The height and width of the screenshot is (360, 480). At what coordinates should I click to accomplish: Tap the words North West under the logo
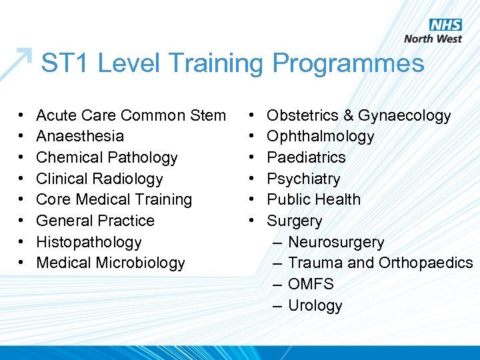[433, 39]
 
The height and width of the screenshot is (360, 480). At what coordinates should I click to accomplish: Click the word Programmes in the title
[348, 64]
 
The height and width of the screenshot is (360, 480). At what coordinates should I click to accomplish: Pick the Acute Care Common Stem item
[131, 115]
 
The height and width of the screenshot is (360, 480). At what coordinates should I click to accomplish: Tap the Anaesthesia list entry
[80, 136]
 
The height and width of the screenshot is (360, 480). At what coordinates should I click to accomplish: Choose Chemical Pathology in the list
[107, 157]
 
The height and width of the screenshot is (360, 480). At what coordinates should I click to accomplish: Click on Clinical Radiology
[99, 179]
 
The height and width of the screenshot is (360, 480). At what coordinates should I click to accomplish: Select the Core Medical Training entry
[114, 199]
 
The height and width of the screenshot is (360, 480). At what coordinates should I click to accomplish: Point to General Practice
[95, 221]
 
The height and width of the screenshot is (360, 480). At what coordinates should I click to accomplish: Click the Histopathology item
[89, 242]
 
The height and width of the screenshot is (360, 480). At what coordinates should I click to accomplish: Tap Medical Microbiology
[110, 263]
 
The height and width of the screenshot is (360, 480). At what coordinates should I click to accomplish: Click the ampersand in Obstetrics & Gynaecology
[349, 115]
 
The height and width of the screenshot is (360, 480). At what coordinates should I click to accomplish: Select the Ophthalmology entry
[320, 136]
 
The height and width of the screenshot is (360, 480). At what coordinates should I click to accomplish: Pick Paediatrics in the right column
[306, 157]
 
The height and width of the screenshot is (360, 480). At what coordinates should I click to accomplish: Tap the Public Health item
[313, 199]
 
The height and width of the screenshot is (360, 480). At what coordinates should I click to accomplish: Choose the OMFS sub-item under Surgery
[311, 284]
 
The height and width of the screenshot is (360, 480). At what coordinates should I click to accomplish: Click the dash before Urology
[278, 305]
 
